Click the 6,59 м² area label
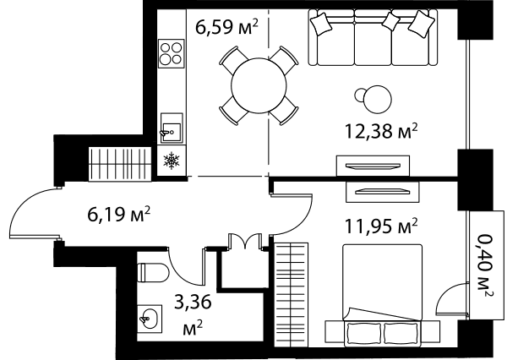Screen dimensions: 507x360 [226, 27]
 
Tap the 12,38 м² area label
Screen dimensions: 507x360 [382, 131]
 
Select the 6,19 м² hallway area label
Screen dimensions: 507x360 [119, 214]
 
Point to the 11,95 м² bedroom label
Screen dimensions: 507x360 [382, 226]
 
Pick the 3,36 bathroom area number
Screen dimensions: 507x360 [193, 302]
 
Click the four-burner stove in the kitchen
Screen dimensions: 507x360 [172, 54]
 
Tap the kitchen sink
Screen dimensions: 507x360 [172, 128]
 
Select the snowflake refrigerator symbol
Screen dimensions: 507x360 [172, 161]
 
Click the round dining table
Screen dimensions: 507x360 [259, 85]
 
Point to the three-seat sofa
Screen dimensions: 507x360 [373, 37]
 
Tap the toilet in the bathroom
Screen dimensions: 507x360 [153, 272]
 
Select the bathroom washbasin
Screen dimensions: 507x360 [150, 319]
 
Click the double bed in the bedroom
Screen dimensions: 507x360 [382, 292]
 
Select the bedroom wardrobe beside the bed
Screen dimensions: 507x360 [291, 295]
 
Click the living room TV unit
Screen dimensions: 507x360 [373, 166]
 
